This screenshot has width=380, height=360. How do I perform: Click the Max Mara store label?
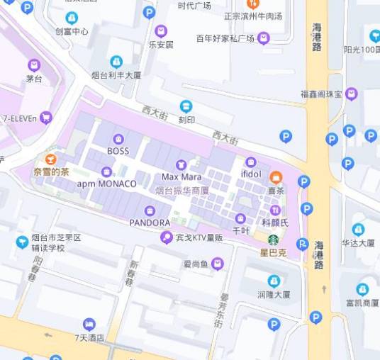coord(181,176)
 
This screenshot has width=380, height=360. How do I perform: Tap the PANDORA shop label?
coord(150,223)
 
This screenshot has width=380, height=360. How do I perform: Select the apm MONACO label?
coord(106,184)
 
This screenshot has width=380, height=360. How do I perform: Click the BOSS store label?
coord(118,151)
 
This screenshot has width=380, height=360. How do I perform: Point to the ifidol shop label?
coord(251,174)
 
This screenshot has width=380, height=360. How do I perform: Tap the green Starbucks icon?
coord(273,240)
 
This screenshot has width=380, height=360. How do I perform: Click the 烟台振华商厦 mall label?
coord(182,191)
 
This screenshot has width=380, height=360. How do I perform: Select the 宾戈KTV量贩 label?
coord(199,237)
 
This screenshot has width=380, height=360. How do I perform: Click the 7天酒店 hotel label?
coord(89,337)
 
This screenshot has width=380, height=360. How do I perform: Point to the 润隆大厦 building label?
coord(274,294)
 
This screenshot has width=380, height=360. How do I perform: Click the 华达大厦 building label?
coord(358,242)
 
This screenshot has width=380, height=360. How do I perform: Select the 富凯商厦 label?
coord(362,303)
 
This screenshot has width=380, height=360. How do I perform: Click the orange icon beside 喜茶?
coord(276,176)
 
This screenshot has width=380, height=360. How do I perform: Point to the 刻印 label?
coord(186,120)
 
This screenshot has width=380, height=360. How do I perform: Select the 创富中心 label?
coord(72,31)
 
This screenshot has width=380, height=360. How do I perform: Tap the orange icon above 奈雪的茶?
coord(50,159)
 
